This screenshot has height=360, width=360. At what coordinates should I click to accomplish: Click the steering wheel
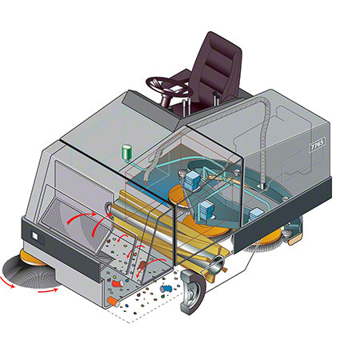[169, 85]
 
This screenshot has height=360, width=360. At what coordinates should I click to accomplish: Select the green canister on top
[127, 152]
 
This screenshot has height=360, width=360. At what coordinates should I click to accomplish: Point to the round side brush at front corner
[30, 272]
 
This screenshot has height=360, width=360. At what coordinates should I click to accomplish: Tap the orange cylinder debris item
[114, 302]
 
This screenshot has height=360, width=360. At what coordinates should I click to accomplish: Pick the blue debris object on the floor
[166, 289]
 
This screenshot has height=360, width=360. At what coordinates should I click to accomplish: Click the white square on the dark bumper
[35, 236]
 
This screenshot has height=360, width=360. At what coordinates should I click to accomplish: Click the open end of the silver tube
[216, 265]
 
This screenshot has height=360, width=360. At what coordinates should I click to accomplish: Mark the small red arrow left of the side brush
[6, 282]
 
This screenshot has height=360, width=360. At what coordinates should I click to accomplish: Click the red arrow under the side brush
[48, 290]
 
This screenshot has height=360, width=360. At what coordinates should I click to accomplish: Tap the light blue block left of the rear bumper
[256, 214]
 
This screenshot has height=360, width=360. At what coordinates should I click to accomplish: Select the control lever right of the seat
[215, 98]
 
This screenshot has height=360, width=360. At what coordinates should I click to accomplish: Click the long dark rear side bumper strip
[283, 214]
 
